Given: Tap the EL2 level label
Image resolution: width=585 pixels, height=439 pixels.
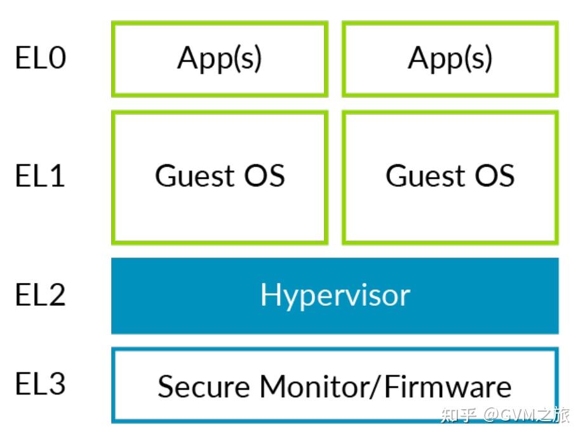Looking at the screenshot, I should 40,295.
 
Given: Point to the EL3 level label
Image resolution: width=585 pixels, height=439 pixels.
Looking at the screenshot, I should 40,384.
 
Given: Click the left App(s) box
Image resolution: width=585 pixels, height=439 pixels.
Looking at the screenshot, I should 220,58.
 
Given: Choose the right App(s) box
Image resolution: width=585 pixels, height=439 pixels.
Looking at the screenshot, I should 450,58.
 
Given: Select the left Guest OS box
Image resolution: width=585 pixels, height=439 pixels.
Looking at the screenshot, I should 220,177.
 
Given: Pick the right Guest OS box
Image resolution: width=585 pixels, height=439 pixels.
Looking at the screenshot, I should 450,177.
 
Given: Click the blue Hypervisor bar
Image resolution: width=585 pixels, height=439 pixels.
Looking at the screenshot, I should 335,296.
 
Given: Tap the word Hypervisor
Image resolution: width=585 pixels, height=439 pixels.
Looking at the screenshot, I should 335,296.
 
